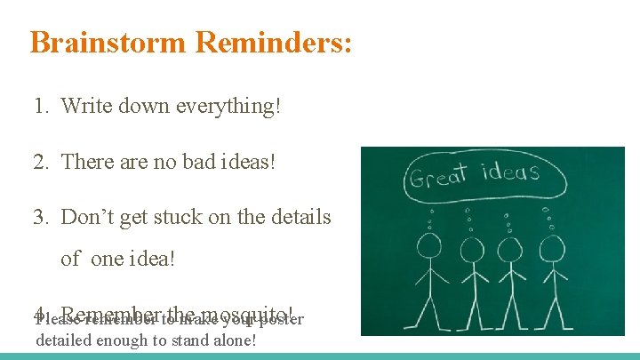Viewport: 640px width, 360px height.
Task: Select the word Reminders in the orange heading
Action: click(271, 43)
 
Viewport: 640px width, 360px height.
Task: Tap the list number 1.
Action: click(39, 106)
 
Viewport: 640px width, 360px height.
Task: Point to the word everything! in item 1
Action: click(228, 106)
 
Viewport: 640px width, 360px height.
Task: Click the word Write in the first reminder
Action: click(86, 106)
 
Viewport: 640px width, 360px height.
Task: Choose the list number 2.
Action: click(39, 161)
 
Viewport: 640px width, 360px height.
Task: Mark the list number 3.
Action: click(39, 216)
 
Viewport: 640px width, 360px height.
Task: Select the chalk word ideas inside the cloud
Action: click(510, 171)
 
